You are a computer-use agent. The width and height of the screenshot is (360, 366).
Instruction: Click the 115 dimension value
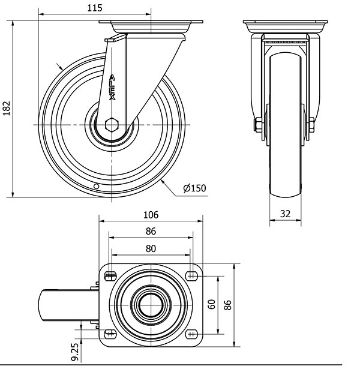click(95, 8)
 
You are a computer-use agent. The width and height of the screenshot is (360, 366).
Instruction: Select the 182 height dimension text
click(7, 109)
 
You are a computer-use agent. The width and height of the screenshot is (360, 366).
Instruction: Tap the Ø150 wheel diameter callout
click(195, 188)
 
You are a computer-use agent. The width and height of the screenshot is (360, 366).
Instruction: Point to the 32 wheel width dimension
click(285, 214)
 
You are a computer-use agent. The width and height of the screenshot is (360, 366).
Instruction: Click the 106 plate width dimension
click(151, 215)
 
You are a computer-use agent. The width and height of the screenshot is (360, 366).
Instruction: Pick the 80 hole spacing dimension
click(151, 249)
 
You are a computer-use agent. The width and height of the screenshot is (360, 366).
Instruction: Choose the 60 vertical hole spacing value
click(212, 304)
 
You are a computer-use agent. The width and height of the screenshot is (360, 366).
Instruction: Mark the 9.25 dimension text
click(75, 352)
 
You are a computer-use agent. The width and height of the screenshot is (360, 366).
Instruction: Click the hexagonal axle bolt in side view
click(112, 125)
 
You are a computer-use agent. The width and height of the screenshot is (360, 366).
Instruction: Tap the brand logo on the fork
click(112, 87)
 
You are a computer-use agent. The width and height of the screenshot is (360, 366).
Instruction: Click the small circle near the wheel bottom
click(96, 186)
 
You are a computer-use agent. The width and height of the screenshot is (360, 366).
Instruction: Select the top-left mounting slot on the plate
click(110, 276)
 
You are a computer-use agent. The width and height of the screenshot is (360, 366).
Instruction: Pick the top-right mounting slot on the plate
click(191, 276)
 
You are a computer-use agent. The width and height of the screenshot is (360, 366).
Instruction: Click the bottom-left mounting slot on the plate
click(110, 334)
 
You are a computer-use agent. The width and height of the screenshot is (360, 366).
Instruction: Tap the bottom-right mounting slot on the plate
click(191, 334)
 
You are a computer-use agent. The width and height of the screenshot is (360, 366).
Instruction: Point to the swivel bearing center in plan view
click(151, 305)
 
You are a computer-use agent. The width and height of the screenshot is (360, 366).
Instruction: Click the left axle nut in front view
click(258, 125)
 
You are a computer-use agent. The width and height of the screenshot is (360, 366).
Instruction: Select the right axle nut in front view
click(311, 125)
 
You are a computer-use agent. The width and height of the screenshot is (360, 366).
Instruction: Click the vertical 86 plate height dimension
click(227, 305)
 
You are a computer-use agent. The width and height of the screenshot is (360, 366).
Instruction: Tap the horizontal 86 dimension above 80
click(151, 232)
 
